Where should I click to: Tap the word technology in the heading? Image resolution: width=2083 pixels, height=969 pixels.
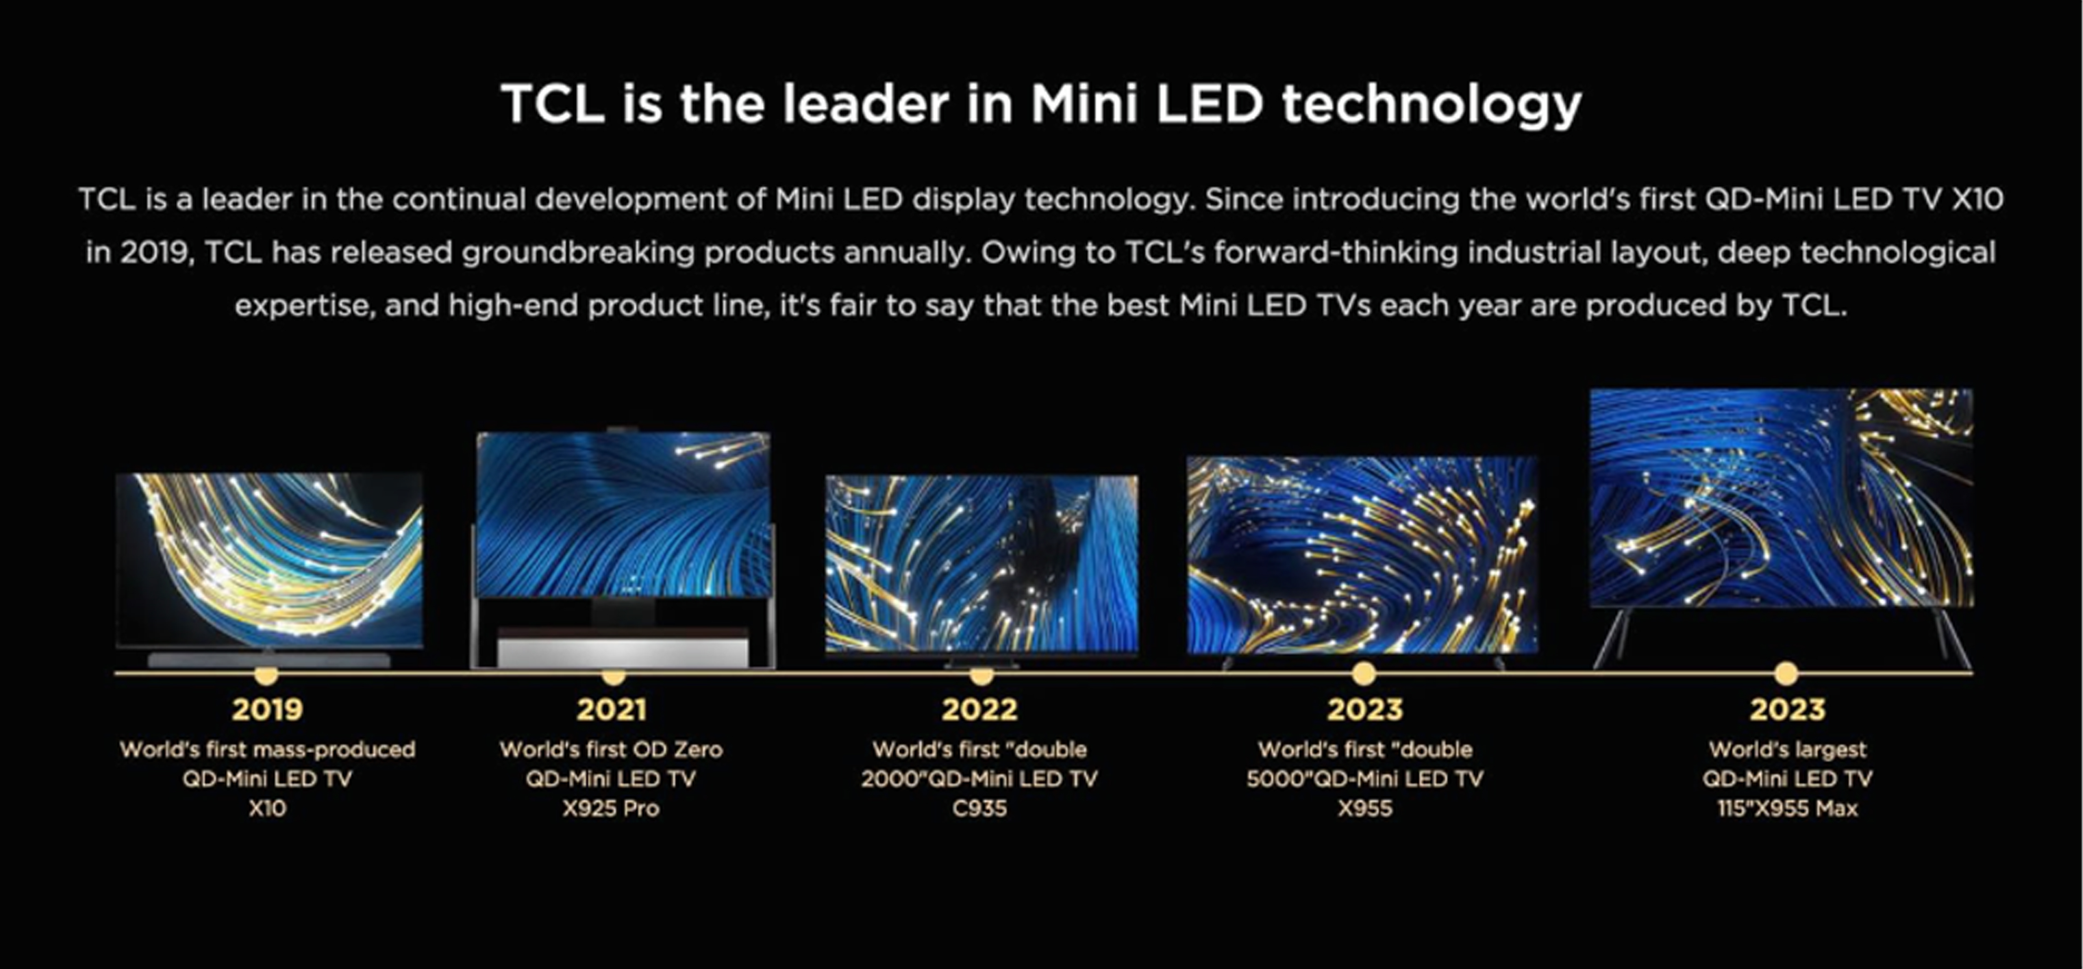coord(1431,105)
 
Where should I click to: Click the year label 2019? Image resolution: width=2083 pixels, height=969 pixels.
coord(267,709)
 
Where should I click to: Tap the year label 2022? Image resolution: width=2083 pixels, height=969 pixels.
coord(979,709)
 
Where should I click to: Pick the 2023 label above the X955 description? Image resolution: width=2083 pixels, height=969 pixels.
coord(1365,709)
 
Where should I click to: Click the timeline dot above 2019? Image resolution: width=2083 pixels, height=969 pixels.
coord(266,674)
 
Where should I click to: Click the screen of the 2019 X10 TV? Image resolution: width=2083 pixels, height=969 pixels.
coord(269,559)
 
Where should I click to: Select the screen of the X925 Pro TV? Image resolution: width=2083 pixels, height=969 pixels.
coord(624,514)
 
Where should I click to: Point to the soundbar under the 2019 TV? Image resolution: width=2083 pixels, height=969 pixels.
coord(269,659)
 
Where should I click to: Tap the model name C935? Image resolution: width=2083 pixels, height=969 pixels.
coord(979,808)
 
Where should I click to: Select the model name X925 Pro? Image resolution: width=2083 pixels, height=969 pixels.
coord(611,808)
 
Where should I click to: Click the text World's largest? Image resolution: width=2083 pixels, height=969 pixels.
coord(1787,750)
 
